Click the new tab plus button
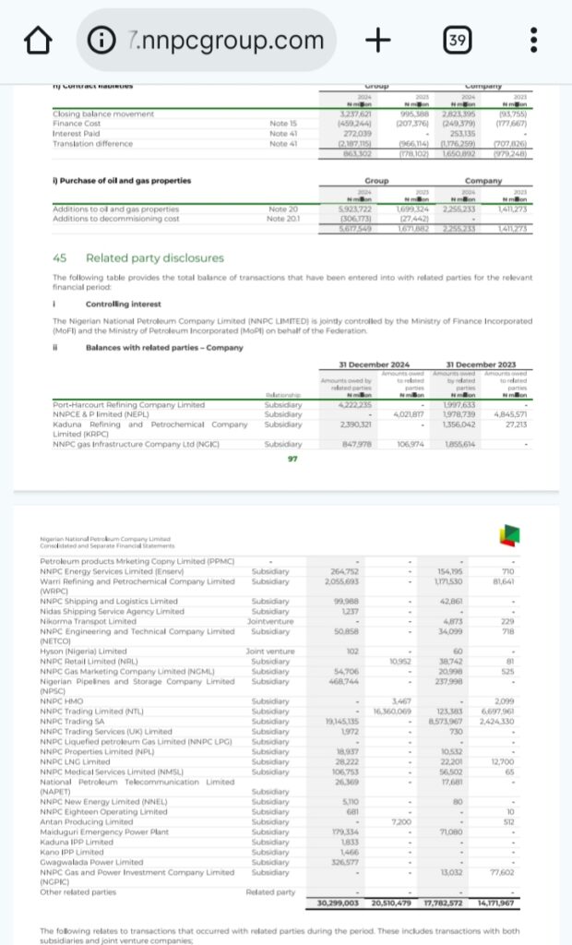(x=377, y=41)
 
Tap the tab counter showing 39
(x=455, y=41)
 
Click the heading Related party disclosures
(x=154, y=258)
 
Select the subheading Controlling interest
(x=123, y=304)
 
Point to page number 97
(x=292, y=459)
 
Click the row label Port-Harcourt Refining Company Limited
(x=128, y=405)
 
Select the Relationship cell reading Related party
(x=271, y=892)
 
